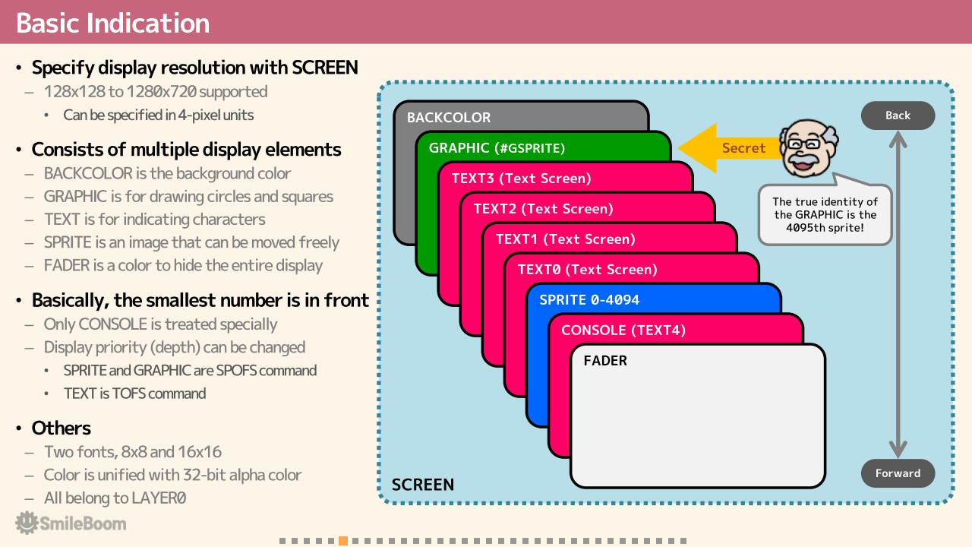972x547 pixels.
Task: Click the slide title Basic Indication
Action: click(113, 23)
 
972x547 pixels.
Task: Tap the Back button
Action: click(898, 115)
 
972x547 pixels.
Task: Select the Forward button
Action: click(898, 473)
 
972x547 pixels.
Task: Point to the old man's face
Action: click(808, 148)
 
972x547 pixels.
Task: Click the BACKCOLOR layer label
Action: click(449, 117)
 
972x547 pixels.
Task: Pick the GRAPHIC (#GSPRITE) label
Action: click(497, 148)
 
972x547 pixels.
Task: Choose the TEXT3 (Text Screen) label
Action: click(521, 179)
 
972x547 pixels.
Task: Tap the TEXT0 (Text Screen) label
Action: click(588, 270)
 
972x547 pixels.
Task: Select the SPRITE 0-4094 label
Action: click(589, 300)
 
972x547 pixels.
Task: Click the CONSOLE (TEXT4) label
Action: click(623, 330)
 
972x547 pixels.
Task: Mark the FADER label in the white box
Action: click(605, 361)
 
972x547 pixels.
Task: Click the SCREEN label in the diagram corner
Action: click(423, 485)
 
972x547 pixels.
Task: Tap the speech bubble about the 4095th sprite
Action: click(825, 214)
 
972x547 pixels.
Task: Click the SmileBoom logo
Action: click(71, 523)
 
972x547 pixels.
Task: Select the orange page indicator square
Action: click(342, 541)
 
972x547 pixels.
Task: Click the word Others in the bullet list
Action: click(62, 428)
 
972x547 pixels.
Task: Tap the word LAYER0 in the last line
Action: click(159, 498)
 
